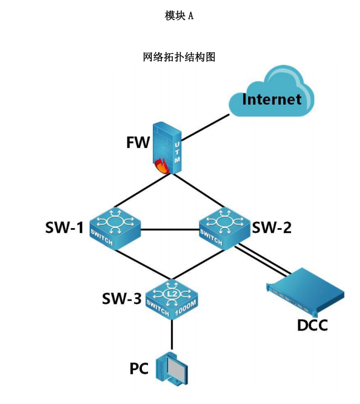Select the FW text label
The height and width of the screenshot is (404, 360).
click(x=138, y=142)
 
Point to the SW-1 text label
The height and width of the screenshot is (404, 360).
click(x=65, y=228)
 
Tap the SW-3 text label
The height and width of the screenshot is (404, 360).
click(x=121, y=299)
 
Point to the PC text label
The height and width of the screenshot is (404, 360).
click(x=139, y=368)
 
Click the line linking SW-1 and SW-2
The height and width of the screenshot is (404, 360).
click(x=170, y=227)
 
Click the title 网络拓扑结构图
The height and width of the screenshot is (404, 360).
click(x=179, y=57)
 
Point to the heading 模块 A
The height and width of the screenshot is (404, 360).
click(x=179, y=16)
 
